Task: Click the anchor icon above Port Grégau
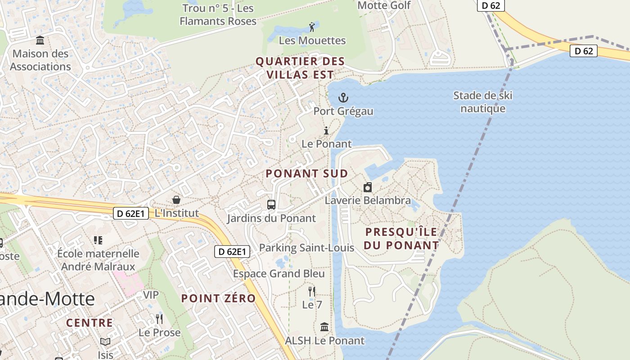click(343, 98)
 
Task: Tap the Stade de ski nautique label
click(482, 102)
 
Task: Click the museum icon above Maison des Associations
click(40, 40)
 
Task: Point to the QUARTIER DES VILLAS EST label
click(300, 68)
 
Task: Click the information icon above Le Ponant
click(326, 131)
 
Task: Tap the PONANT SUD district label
click(306, 174)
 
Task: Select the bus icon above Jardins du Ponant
click(271, 205)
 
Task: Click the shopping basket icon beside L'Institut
click(176, 199)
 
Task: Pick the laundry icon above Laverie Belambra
click(368, 187)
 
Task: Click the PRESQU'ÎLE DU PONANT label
click(401, 238)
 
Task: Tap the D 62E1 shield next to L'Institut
click(130, 213)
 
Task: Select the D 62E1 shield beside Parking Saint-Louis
click(232, 252)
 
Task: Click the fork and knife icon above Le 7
click(311, 291)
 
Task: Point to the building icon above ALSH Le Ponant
click(324, 327)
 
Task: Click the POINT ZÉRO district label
click(218, 298)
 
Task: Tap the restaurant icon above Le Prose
click(159, 319)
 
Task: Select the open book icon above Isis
click(105, 342)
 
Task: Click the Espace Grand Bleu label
click(279, 274)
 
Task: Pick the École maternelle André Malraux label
click(98, 260)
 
